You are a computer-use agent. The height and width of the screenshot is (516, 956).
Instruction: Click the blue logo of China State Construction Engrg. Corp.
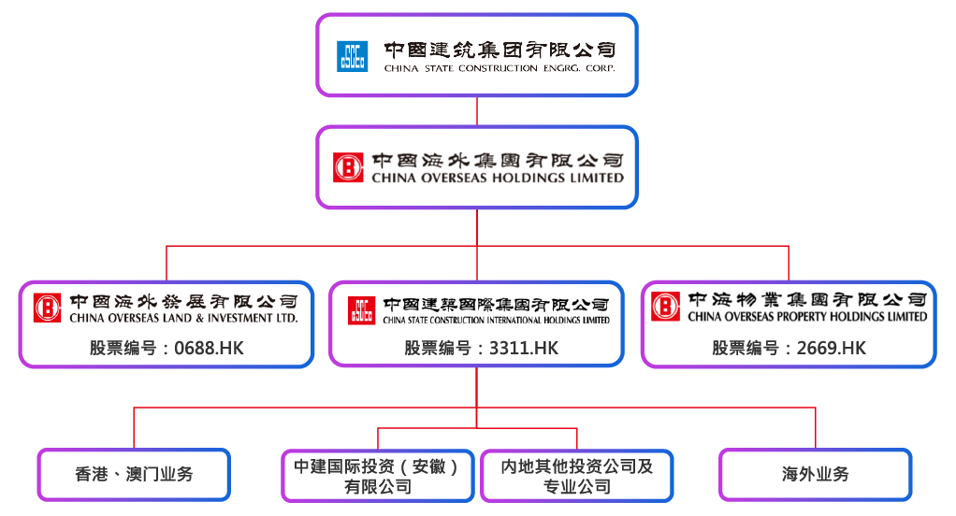click(352, 56)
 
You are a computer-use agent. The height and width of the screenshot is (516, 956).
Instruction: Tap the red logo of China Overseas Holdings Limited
click(350, 167)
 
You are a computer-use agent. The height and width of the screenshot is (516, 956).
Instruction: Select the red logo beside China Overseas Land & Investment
click(47, 308)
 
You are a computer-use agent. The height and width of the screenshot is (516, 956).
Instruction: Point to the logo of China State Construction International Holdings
click(362, 310)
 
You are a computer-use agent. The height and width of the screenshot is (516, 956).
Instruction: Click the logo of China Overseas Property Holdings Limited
click(666, 306)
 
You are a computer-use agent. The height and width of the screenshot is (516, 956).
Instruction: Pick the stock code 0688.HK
click(166, 349)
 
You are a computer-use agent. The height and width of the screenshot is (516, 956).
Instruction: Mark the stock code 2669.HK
click(789, 349)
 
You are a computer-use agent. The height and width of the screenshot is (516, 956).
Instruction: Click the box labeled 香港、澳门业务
click(134, 474)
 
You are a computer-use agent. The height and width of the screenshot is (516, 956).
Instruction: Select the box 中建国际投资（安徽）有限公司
click(378, 476)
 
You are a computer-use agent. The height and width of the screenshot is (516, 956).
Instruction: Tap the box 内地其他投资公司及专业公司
click(577, 476)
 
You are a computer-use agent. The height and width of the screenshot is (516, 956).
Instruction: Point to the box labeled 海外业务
click(815, 474)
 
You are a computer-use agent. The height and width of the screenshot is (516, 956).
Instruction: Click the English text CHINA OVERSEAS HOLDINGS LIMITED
click(497, 178)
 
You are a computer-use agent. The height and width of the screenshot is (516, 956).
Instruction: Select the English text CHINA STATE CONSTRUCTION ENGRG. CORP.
click(500, 68)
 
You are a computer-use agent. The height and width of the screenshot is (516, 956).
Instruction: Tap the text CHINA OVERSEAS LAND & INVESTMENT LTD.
click(183, 318)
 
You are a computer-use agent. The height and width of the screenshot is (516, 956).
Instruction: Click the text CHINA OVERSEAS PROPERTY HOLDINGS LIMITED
click(807, 317)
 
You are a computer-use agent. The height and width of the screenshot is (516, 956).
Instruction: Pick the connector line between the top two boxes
click(477, 111)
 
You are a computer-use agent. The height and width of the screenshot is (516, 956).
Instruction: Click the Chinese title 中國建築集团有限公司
click(500, 50)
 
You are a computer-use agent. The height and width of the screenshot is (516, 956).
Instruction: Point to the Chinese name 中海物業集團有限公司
click(807, 300)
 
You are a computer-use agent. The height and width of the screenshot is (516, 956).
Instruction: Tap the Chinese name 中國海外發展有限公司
click(183, 301)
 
